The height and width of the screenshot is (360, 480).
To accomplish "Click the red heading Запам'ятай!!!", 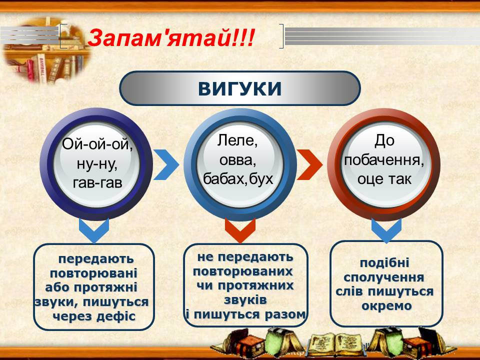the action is [171, 38].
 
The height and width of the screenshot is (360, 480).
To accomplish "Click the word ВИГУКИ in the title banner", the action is [239, 88].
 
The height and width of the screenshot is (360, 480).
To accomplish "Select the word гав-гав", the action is [97, 183].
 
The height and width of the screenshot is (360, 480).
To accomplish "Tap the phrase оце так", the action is [384, 179].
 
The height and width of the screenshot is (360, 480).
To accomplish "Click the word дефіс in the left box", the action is [114, 315].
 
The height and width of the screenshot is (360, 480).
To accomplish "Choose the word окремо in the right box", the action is [386, 306].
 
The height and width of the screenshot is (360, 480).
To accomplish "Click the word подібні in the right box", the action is [384, 263].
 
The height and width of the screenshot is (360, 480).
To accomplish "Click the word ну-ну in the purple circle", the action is [97, 164].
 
